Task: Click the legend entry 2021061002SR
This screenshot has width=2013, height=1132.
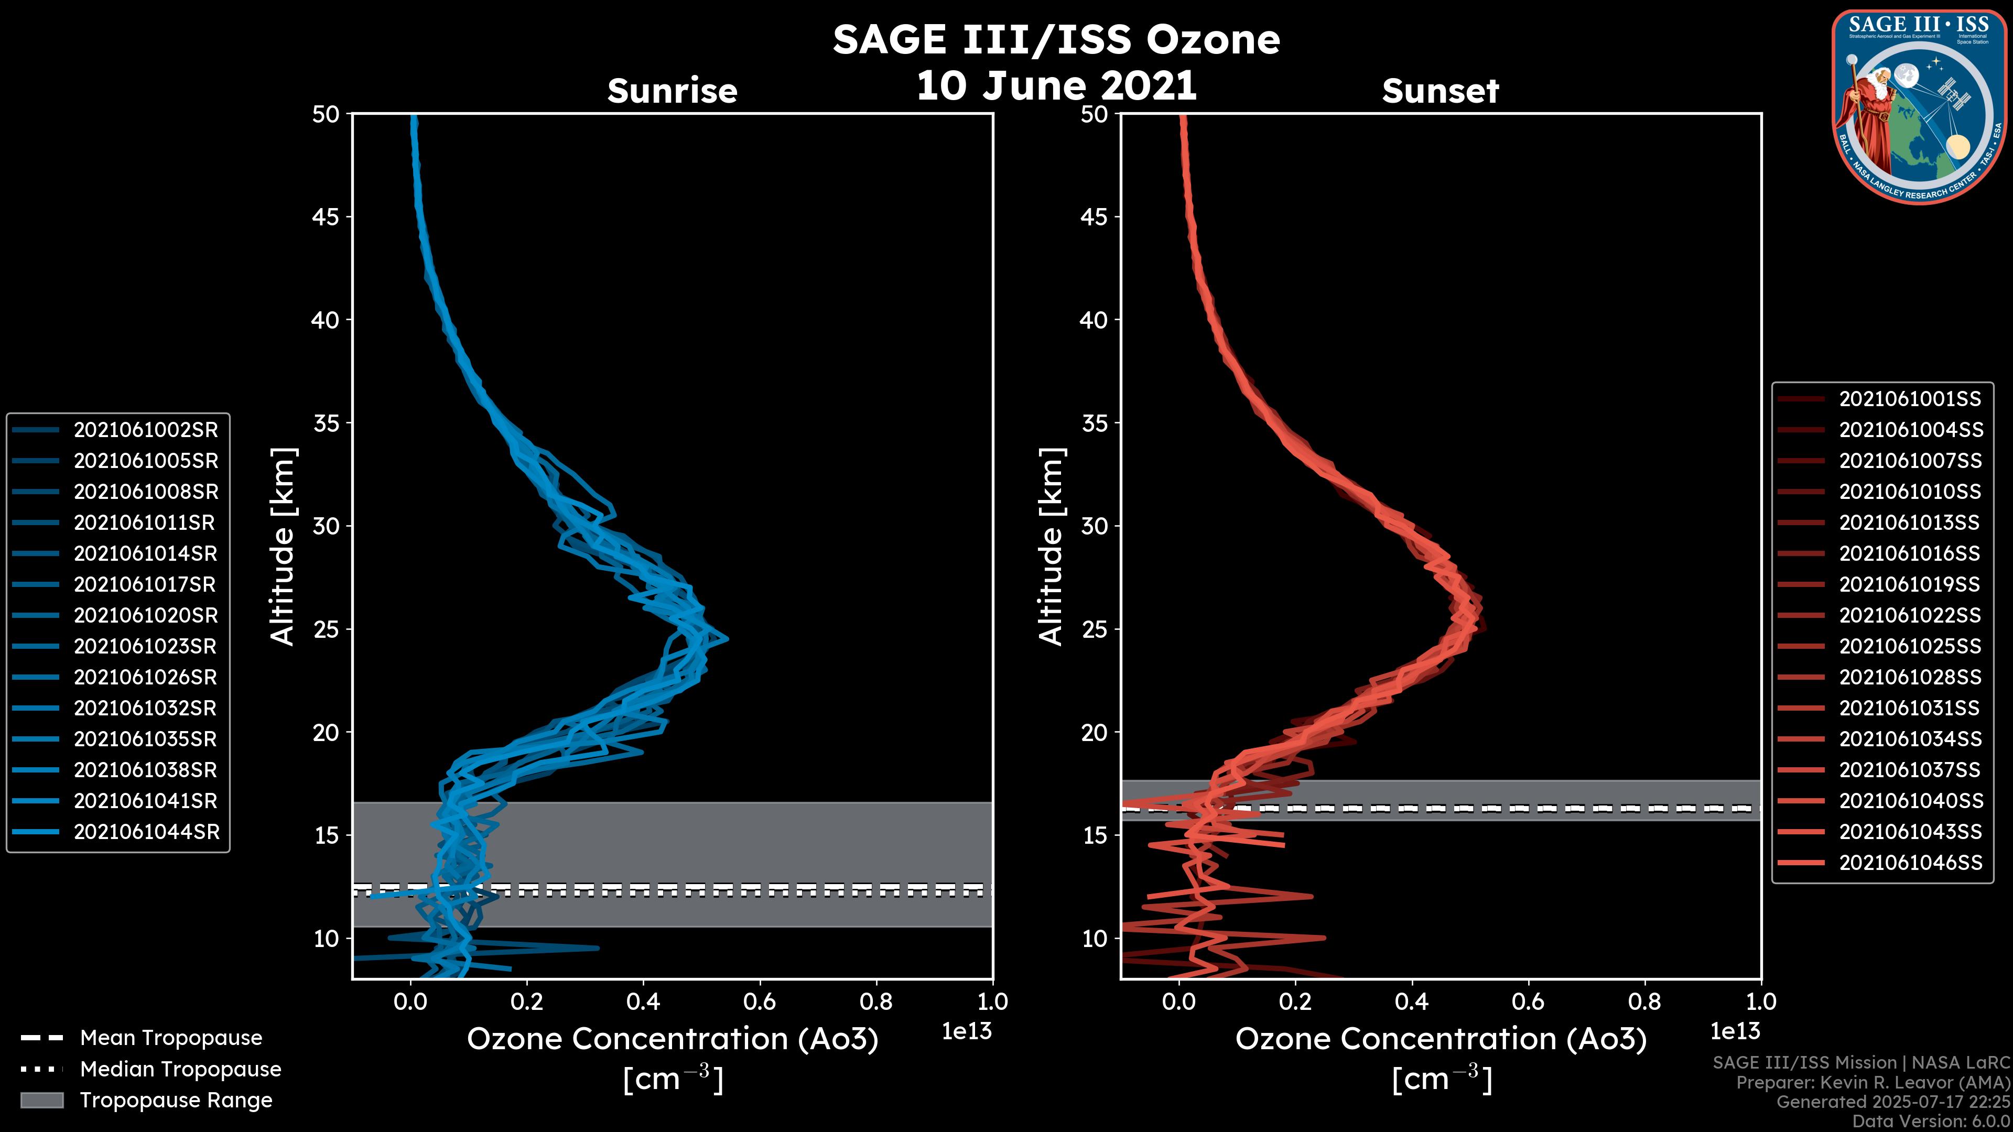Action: point(145,430)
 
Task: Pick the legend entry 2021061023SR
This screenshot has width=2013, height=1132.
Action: point(145,646)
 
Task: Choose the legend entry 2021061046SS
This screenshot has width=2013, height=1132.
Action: point(1911,863)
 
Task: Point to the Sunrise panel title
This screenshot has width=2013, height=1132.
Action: point(672,91)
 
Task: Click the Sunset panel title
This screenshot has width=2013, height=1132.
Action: point(1440,91)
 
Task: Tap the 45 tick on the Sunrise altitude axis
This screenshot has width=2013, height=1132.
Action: point(326,216)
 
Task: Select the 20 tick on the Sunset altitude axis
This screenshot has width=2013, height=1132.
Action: point(1094,732)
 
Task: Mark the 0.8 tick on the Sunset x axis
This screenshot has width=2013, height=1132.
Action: point(1644,1002)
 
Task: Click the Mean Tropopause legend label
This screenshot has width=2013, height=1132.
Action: point(171,1038)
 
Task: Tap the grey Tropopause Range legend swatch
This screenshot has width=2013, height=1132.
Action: point(42,1100)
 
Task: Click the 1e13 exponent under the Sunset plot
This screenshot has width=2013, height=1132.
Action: point(1735,1031)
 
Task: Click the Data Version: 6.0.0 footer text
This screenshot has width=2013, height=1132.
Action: point(1930,1122)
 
